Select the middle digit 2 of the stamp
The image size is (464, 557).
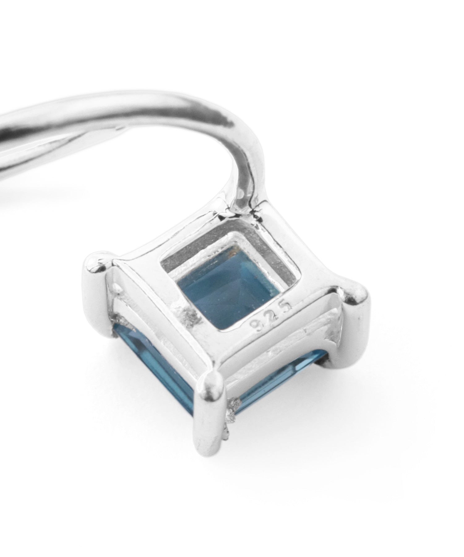point(273,317)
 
